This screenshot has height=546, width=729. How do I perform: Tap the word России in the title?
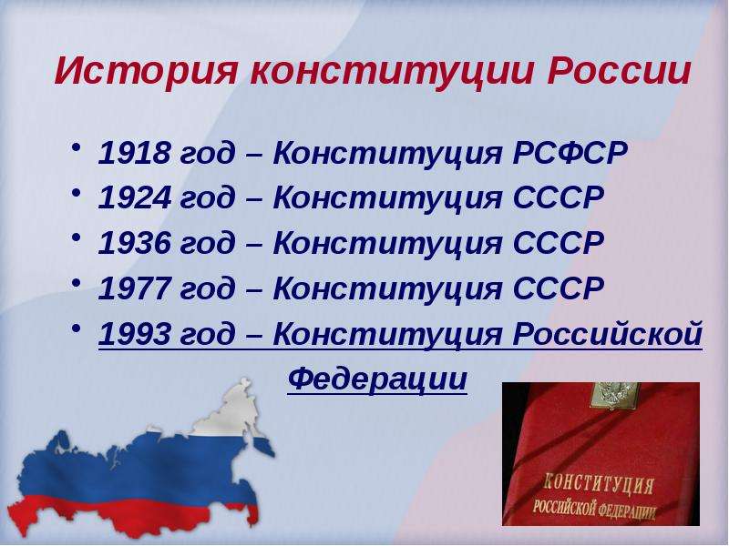point(620,71)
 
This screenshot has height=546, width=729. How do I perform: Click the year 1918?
point(134,152)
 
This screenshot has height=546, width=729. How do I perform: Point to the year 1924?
point(134,197)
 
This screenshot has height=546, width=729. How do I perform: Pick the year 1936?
point(134,243)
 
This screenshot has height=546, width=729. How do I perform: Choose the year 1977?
point(134,288)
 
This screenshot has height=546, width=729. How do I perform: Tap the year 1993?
point(134,333)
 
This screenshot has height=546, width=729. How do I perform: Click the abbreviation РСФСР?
point(570,152)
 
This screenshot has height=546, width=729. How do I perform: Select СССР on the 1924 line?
point(559,197)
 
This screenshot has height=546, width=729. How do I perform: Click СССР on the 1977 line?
point(559,288)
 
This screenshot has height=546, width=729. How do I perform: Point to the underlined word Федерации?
point(377,379)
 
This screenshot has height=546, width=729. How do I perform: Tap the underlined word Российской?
point(607,333)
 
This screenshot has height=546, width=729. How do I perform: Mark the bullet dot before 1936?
point(77,238)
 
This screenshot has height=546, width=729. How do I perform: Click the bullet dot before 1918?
point(77,147)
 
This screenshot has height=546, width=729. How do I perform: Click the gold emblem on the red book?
point(613,396)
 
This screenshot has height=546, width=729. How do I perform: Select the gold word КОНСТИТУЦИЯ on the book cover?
point(599,484)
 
